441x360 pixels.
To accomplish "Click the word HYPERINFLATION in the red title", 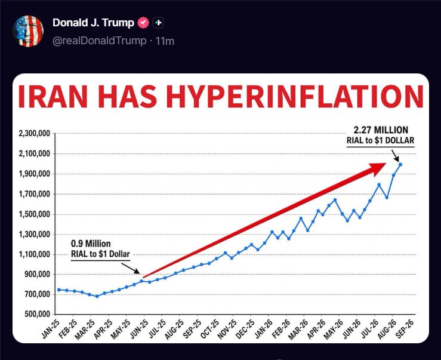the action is (295, 96).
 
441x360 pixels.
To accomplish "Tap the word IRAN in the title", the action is (53, 96).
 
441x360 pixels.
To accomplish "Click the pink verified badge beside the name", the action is (143, 23).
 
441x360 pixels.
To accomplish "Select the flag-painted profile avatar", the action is (28, 31).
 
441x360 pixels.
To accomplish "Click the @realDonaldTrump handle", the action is (99, 41).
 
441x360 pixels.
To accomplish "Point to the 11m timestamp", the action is (165, 41).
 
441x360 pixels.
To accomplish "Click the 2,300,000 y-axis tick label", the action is (34, 133).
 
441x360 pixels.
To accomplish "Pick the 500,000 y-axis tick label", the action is (37, 314).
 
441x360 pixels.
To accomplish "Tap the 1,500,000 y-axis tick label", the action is (34, 214).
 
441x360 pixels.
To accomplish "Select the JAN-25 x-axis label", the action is (51, 329).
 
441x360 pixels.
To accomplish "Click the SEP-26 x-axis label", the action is (405, 329).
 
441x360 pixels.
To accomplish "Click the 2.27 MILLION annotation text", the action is (381, 130).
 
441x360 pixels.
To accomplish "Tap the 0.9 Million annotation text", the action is (91, 244).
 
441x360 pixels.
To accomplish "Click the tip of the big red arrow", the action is (386, 163).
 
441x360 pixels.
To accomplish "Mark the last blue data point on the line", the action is (400, 164).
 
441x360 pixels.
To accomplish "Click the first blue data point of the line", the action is (59, 290).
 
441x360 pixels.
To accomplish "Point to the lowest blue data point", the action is (97, 296).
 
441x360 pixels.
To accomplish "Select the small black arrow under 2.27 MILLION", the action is (395, 155).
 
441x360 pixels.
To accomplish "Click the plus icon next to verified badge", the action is (158, 23).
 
